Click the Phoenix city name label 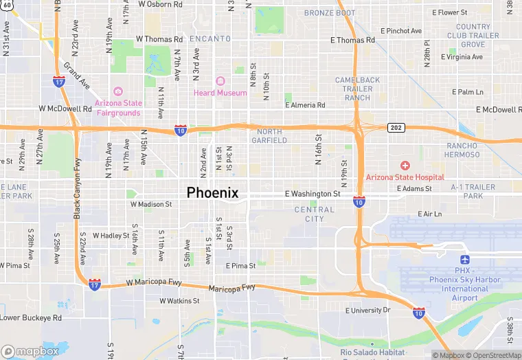tap(213, 193)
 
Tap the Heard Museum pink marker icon tap(220, 82)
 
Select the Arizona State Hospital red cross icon tap(405, 166)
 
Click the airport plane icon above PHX tap(466, 260)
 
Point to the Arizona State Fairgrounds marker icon tap(118, 91)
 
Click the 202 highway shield tap(395, 128)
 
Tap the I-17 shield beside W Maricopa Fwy tap(95, 284)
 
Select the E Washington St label tap(313, 194)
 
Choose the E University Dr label tap(367, 311)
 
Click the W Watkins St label tap(179, 301)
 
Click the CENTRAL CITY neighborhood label tap(314, 214)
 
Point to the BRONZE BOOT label tap(330, 13)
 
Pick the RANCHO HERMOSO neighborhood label tap(462, 150)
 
